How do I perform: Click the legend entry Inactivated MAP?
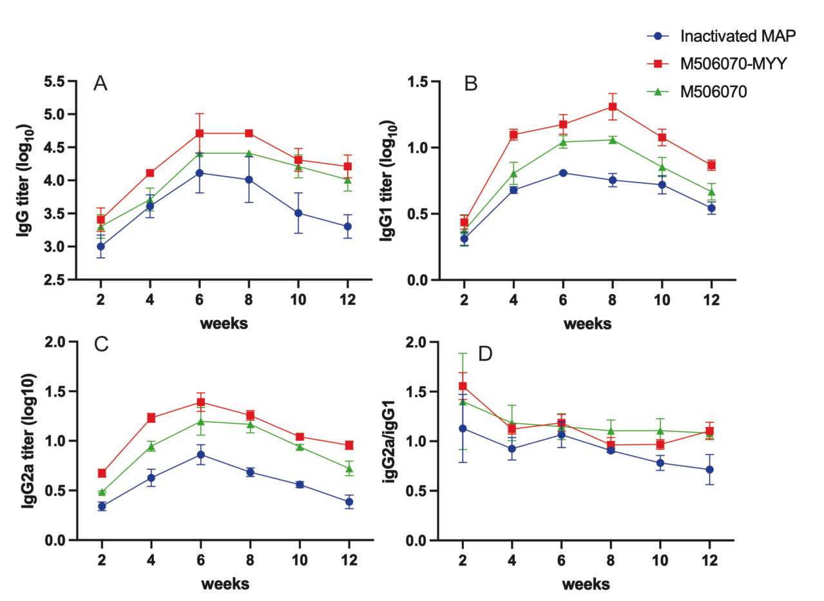(x=738, y=36)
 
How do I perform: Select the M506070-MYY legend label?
(x=734, y=64)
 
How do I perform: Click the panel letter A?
(x=101, y=83)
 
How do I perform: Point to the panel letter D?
(x=485, y=354)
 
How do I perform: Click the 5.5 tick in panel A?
(x=55, y=81)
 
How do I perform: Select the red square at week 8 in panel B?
(x=613, y=107)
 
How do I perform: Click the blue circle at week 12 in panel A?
(x=348, y=226)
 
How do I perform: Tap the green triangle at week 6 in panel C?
(x=200, y=421)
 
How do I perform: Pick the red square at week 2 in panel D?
(x=463, y=386)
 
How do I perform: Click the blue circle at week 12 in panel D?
(x=710, y=469)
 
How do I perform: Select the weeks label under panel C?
(x=225, y=584)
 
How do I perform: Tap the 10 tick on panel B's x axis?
(x=662, y=300)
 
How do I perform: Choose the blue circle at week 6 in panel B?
(x=563, y=173)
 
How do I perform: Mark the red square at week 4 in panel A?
(x=150, y=173)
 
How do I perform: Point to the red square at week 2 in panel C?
(x=102, y=473)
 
